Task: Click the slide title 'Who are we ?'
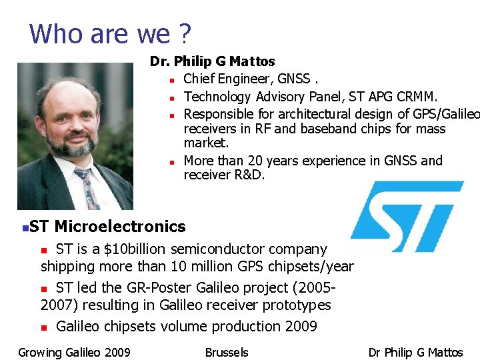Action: [111, 33]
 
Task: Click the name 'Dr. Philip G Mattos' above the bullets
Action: [212, 61]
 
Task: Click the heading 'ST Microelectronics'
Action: [107, 227]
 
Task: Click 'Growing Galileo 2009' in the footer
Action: [74, 352]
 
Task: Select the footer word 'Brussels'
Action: [227, 352]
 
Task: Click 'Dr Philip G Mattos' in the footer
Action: [415, 352]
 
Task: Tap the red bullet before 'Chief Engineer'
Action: [172, 80]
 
